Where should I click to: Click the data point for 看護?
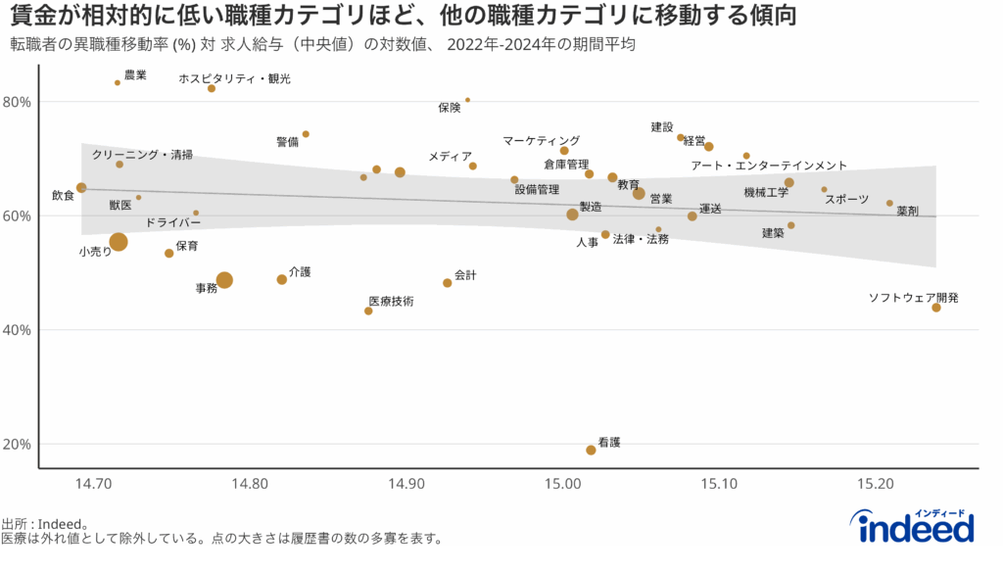[591, 451]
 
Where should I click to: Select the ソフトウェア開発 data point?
[936, 308]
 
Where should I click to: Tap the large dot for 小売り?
[119, 242]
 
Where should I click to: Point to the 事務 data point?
[224, 280]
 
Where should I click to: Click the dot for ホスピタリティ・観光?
[212, 88]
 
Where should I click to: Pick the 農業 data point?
[118, 82]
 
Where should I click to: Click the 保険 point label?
[450, 108]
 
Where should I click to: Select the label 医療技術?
[391, 301]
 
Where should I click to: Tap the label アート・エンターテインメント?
[769, 166]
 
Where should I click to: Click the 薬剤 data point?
[889, 203]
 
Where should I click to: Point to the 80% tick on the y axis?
[18, 102]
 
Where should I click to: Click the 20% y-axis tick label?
[18, 444]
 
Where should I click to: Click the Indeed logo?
[916, 527]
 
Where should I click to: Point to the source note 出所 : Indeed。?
[46, 524]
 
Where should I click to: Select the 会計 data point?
[448, 283]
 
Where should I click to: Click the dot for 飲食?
[81, 188]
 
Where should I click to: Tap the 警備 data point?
[306, 134]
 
